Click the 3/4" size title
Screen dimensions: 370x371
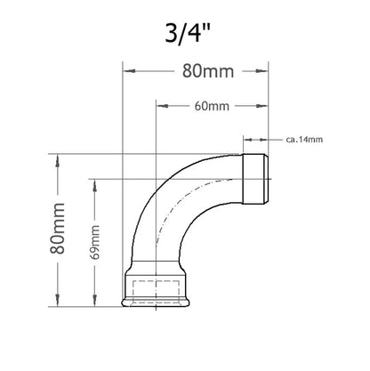[x=188, y=33]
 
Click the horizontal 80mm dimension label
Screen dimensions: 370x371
[x=208, y=71]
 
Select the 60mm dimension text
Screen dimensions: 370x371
[x=212, y=106]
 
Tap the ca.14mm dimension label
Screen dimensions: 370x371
[x=304, y=139]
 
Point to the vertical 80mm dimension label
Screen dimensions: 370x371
[x=57, y=228]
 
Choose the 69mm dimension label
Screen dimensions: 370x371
[x=95, y=242]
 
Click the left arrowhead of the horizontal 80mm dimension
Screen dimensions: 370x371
[x=129, y=71]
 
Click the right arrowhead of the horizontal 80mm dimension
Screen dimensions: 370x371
[x=261, y=71]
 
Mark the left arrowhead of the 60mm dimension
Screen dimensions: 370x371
[x=163, y=106]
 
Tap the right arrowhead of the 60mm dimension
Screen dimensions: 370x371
[x=261, y=106]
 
